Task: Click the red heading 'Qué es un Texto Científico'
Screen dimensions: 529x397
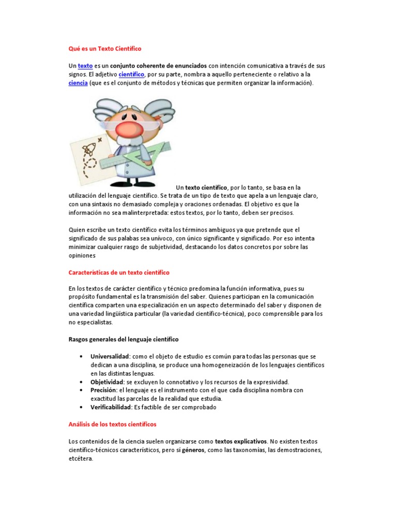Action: coord(104,49)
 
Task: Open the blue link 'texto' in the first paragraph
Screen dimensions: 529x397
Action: coord(85,66)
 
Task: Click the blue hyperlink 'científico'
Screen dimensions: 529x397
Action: coord(131,74)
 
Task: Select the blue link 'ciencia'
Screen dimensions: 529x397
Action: coord(78,83)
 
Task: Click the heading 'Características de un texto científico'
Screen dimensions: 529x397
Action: coord(119,272)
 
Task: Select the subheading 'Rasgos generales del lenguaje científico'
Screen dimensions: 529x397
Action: coord(124,339)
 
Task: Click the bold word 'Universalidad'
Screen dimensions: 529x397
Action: coord(110,356)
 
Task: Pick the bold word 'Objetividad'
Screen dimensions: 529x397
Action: coord(107,382)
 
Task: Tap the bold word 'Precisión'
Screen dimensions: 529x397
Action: coord(104,390)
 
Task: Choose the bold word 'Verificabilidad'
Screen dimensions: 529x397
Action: coord(111,407)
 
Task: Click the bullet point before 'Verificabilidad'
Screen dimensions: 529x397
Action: coord(82,407)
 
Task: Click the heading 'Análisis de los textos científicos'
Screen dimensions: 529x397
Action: coord(112,424)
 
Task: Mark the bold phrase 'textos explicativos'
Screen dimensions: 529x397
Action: coord(241,441)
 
